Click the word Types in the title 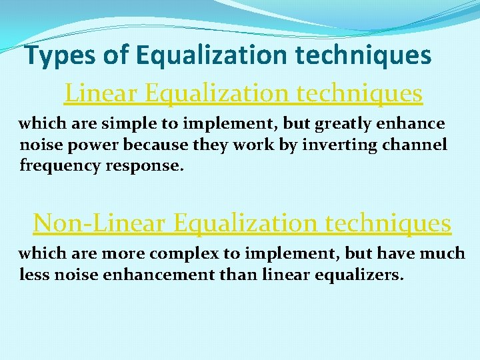(61, 56)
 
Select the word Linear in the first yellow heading (101, 93)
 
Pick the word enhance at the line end (414, 124)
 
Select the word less (33, 275)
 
